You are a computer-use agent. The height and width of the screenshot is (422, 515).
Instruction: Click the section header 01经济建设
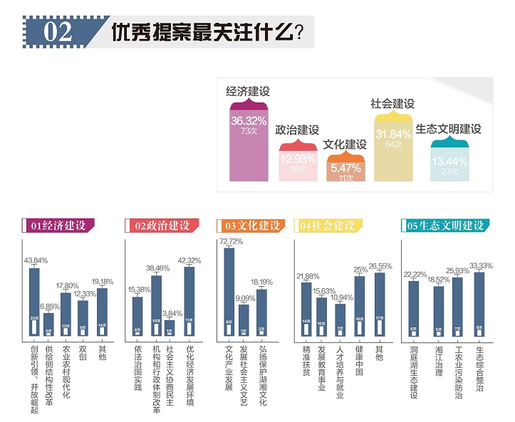pyautogui.click(x=58, y=226)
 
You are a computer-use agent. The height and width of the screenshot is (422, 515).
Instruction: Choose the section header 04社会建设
pyautogui.click(x=328, y=226)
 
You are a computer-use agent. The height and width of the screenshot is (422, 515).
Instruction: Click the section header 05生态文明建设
pyautogui.click(x=445, y=226)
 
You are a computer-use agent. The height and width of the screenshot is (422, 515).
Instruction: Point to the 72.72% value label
pyautogui.click(x=229, y=242)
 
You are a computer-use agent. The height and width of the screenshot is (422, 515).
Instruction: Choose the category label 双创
pyautogui.click(x=83, y=353)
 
